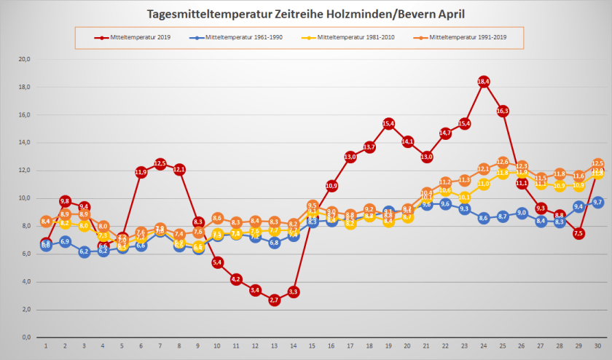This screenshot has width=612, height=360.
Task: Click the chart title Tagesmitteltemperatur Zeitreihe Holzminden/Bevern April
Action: (305, 14)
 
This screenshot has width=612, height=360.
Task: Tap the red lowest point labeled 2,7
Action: (274, 300)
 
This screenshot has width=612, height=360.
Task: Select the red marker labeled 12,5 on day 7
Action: (160, 163)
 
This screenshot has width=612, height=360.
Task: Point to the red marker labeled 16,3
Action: (503, 111)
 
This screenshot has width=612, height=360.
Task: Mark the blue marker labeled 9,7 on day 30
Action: (597, 203)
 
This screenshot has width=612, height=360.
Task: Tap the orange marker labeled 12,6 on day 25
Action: (503, 162)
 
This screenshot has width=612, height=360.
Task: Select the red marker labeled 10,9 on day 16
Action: (331, 186)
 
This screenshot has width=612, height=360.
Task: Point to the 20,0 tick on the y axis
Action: (25, 59)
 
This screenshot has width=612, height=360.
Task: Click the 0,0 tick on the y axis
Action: (26, 337)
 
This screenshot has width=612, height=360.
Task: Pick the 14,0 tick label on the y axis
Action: (25, 143)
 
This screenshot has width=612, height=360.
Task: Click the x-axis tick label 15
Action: (312, 345)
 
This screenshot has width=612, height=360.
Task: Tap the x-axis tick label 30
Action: (597, 345)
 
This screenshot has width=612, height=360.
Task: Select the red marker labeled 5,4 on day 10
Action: (217, 262)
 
